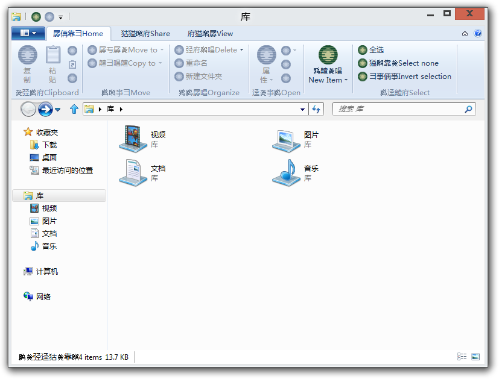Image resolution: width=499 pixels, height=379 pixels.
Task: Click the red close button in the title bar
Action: (469, 14)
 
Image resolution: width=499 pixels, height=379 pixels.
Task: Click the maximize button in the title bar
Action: (447, 13)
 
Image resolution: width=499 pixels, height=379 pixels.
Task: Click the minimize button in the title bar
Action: (431, 15)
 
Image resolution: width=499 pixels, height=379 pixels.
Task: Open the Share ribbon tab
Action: (145, 33)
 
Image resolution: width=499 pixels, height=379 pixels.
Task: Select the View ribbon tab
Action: (210, 33)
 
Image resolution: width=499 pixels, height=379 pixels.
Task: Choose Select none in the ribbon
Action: (398, 63)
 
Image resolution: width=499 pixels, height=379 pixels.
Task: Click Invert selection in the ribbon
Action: (404, 77)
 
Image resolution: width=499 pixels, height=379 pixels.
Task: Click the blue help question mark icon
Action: (478, 33)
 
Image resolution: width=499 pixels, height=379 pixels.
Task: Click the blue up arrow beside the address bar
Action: (74, 109)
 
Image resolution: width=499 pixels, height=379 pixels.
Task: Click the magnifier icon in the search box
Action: (468, 109)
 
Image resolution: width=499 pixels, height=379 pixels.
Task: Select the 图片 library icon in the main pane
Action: (286, 140)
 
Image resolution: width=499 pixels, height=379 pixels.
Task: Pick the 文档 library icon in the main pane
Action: (130, 172)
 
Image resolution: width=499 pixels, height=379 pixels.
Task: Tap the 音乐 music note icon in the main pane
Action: (286, 172)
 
